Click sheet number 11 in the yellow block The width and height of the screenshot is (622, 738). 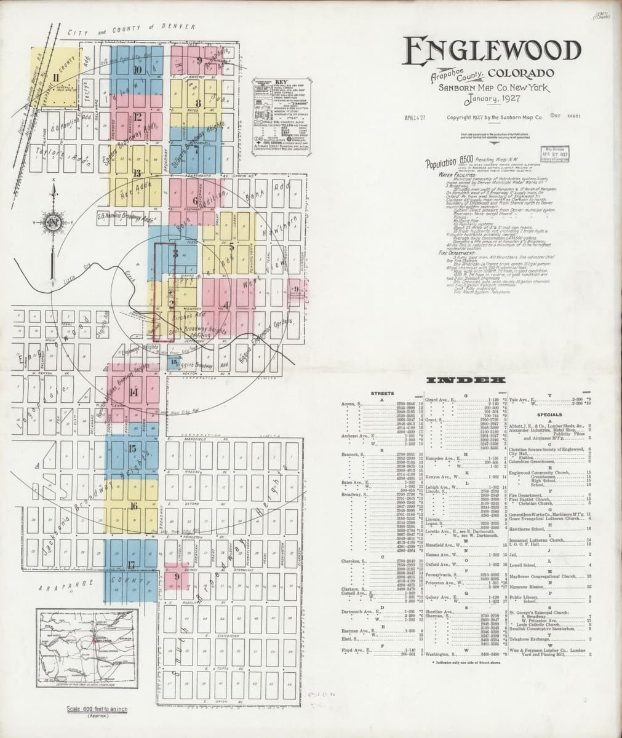pos(56,77)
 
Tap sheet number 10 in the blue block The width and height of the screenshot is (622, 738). pos(137,69)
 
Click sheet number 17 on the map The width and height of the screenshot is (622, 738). pos(130,565)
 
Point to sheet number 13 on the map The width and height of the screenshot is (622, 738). pos(136,173)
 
